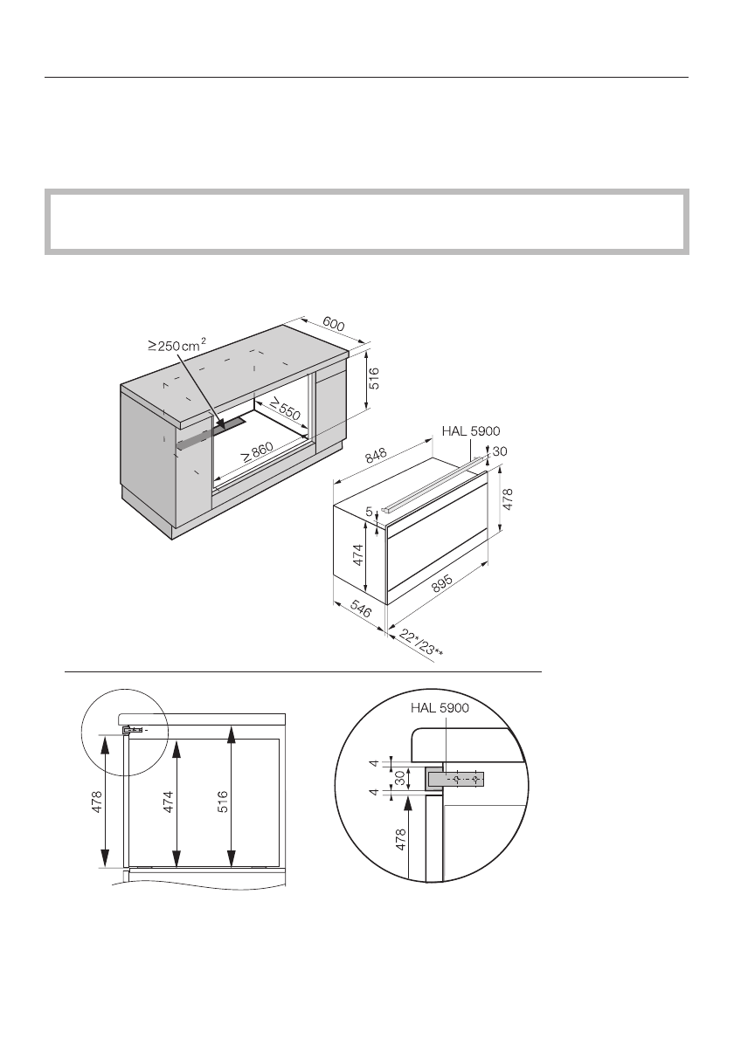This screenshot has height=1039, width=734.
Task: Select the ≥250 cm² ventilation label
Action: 177,346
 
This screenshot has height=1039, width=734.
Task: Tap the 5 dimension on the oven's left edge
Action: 370,511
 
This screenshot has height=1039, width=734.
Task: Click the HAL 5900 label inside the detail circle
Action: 440,708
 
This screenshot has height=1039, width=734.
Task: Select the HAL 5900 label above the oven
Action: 471,431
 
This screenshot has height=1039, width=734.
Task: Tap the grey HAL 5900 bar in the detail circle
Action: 454,778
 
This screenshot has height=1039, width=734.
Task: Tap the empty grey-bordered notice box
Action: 367,222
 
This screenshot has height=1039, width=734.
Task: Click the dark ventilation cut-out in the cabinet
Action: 232,425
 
